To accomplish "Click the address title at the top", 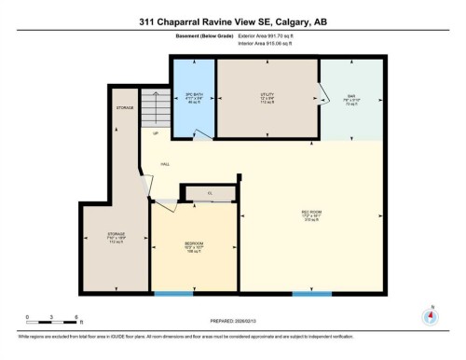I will pyautogui.click(x=233, y=21).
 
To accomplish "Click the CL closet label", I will pyautogui.click(x=210, y=193).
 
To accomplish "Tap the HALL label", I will pyautogui.click(x=165, y=164).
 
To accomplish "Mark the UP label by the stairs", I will pyautogui.click(x=155, y=133).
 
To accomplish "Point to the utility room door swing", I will pyautogui.click(x=322, y=92).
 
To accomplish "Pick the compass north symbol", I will pyautogui.click(x=430, y=315).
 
